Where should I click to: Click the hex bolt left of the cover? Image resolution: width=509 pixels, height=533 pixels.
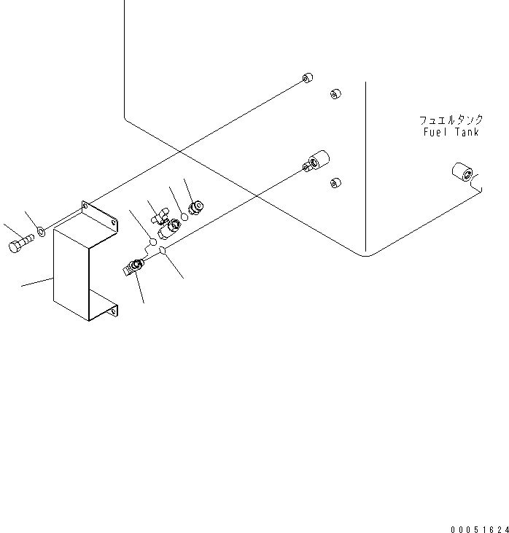tap(20, 244)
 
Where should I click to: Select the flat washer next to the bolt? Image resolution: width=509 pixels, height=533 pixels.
tap(42, 232)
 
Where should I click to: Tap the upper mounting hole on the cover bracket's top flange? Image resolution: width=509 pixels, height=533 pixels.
tap(86, 209)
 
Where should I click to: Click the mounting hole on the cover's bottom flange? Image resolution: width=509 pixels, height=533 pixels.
tap(112, 312)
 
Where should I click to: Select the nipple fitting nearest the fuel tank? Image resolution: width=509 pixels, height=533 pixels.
tap(195, 208)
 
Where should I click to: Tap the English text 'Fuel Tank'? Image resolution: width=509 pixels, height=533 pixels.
tap(451, 133)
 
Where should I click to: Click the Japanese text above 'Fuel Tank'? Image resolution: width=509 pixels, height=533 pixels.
tap(451, 120)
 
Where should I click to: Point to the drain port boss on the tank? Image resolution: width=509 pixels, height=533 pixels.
tap(315, 162)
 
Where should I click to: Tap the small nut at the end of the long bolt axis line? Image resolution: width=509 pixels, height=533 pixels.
tap(307, 78)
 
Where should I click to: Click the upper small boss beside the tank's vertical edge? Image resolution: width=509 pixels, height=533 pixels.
tap(335, 93)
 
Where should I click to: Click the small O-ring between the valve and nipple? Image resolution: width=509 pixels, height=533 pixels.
tap(185, 217)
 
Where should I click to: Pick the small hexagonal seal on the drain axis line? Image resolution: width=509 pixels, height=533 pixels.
tap(163, 252)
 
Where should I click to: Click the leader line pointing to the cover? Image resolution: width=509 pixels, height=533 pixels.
tap(36, 281)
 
